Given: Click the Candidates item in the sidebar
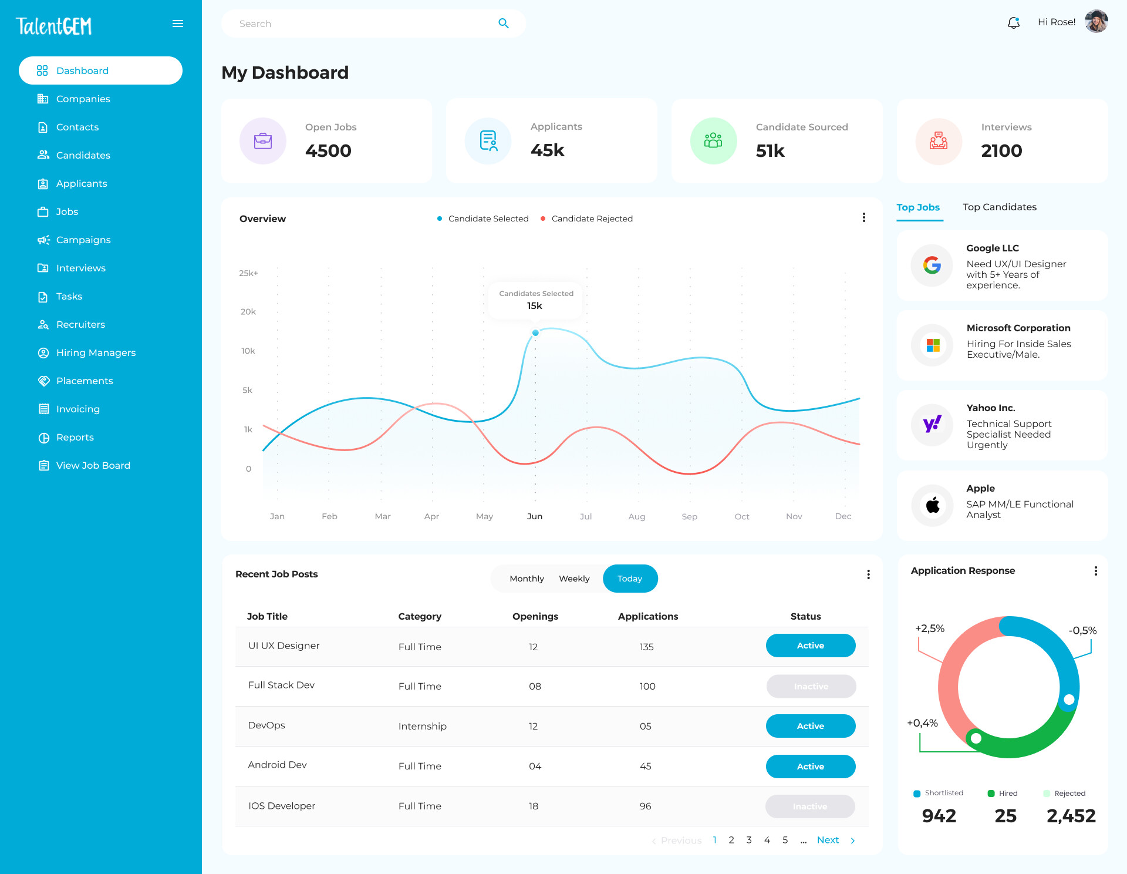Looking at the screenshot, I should [83, 155].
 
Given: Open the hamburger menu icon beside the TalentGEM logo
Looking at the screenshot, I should [178, 23].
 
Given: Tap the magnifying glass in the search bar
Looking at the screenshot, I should [503, 23].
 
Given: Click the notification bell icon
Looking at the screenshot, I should [1013, 23].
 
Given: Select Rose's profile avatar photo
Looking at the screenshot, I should [1096, 22].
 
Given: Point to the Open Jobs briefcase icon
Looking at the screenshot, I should [263, 141].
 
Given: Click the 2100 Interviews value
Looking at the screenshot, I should [1001, 151].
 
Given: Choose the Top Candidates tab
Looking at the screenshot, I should [999, 207].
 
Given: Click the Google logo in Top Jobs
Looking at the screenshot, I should [932, 265].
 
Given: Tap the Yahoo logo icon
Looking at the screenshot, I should [932, 425].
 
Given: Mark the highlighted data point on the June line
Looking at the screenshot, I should [535, 333].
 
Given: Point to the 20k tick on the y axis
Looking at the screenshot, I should [248, 312].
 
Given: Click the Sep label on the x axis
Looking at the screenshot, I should [689, 516].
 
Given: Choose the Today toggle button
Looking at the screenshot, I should [630, 579].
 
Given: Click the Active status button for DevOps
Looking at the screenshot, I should [810, 726].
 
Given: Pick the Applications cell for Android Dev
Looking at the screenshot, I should [645, 766].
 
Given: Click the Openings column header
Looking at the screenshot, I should [535, 616].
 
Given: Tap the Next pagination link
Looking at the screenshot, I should [828, 840].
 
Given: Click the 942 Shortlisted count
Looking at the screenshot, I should [939, 816].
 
